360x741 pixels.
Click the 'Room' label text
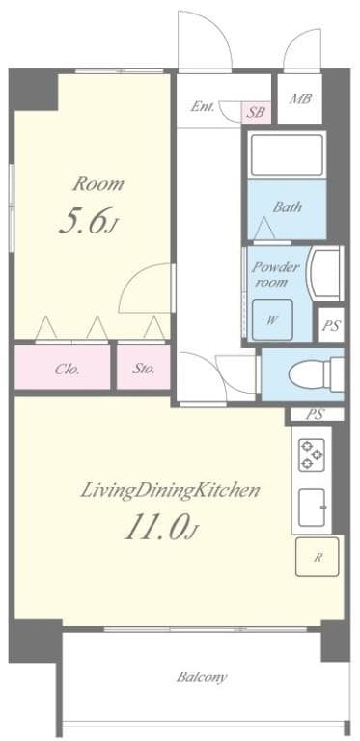[99, 184]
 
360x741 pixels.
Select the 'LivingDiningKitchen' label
[170, 491]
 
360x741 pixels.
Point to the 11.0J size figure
[160, 530]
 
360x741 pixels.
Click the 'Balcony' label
[202, 676]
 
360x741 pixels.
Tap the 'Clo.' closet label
[67, 369]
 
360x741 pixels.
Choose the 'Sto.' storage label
[144, 369]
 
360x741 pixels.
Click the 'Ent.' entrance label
[203, 107]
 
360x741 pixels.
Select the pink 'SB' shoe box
[256, 113]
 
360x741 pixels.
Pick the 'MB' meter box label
[300, 99]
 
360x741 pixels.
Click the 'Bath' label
[287, 206]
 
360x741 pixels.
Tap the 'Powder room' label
[276, 274]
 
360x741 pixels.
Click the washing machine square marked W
[271, 320]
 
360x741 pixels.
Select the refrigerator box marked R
[317, 557]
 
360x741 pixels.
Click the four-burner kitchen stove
[312, 454]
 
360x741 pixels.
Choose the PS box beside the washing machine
[331, 324]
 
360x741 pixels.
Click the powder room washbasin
[325, 273]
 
